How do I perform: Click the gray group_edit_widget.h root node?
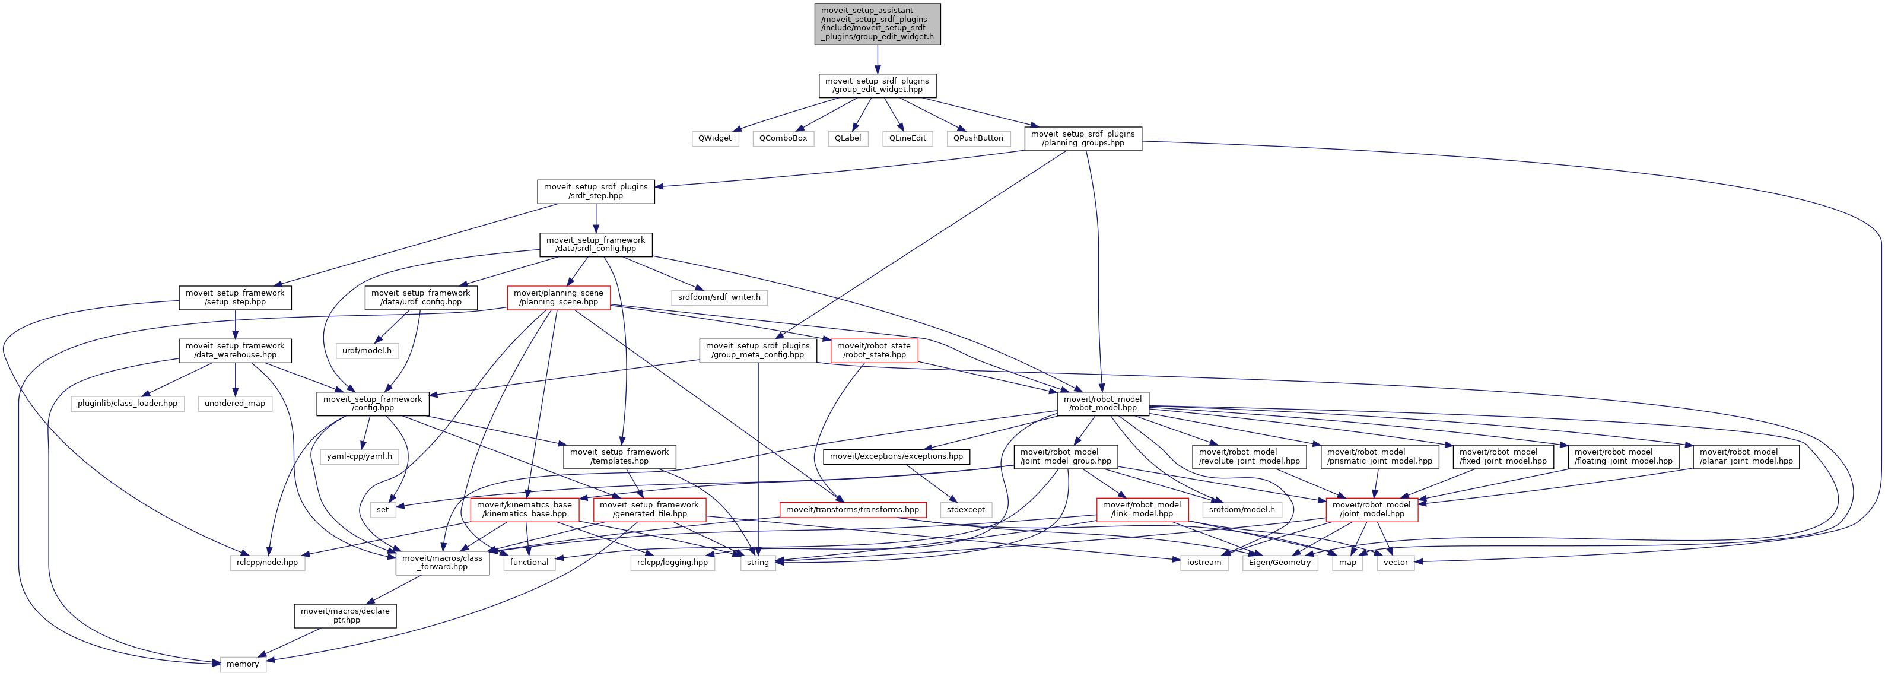(877, 24)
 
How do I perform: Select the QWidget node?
(714, 138)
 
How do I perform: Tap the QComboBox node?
(783, 138)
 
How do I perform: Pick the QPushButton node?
(978, 138)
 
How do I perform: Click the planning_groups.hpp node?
(1082, 139)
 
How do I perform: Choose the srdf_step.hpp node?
(596, 192)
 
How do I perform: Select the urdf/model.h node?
(367, 350)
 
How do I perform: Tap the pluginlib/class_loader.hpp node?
(128, 404)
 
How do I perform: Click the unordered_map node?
(235, 404)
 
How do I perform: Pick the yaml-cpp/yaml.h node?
(360, 456)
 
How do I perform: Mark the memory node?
(242, 664)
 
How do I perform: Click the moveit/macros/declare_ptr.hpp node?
(345, 615)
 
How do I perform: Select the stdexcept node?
(965, 510)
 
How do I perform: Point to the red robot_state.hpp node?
(874, 350)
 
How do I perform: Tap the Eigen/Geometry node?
(1279, 563)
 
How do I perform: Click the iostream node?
(1204, 563)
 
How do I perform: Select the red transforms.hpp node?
(852, 510)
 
